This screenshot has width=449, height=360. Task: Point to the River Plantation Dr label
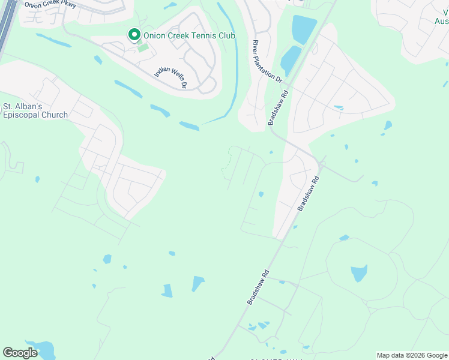[267, 61]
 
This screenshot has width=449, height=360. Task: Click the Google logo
[20, 353]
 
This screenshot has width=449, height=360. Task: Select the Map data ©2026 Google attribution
[412, 355]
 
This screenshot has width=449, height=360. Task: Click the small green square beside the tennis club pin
[142, 47]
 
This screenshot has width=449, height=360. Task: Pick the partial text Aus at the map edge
[441, 21]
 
